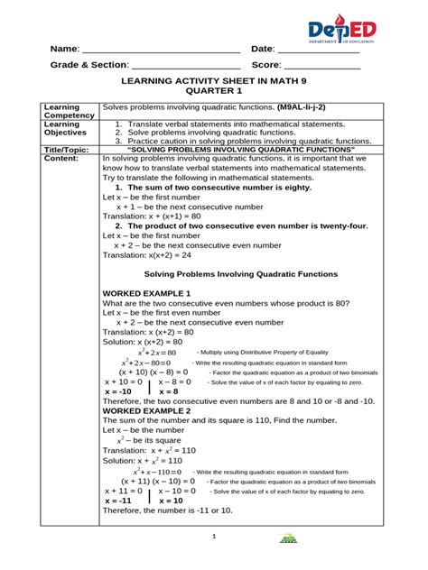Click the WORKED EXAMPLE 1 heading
point(146,295)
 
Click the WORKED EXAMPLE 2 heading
point(146,410)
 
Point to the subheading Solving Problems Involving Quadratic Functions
point(241,273)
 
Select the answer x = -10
point(118,392)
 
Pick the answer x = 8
point(169,392)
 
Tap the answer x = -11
point(118,501)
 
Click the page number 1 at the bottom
point(214,538)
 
